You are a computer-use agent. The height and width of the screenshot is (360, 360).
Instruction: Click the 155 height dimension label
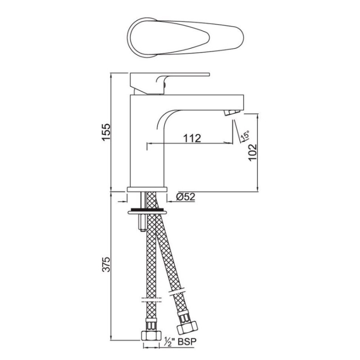[x=106, y=132]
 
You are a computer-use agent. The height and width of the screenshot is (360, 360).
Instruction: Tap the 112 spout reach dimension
[x=192, y=138]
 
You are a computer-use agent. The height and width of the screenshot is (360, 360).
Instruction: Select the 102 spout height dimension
[x=252, y=153]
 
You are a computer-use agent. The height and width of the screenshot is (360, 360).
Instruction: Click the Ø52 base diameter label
[x=185, y=197]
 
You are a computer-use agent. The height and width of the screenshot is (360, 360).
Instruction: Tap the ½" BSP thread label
[x=180, y=342]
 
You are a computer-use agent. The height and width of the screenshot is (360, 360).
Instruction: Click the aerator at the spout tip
[x=231, y=112]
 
